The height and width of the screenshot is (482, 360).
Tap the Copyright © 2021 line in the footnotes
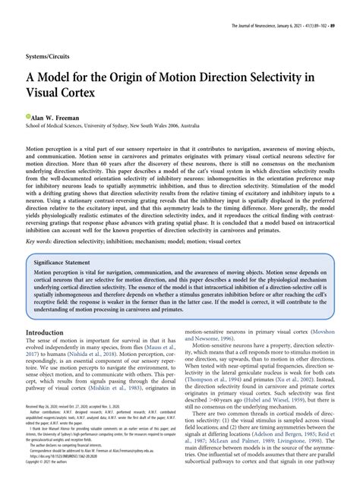pos(53,477)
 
